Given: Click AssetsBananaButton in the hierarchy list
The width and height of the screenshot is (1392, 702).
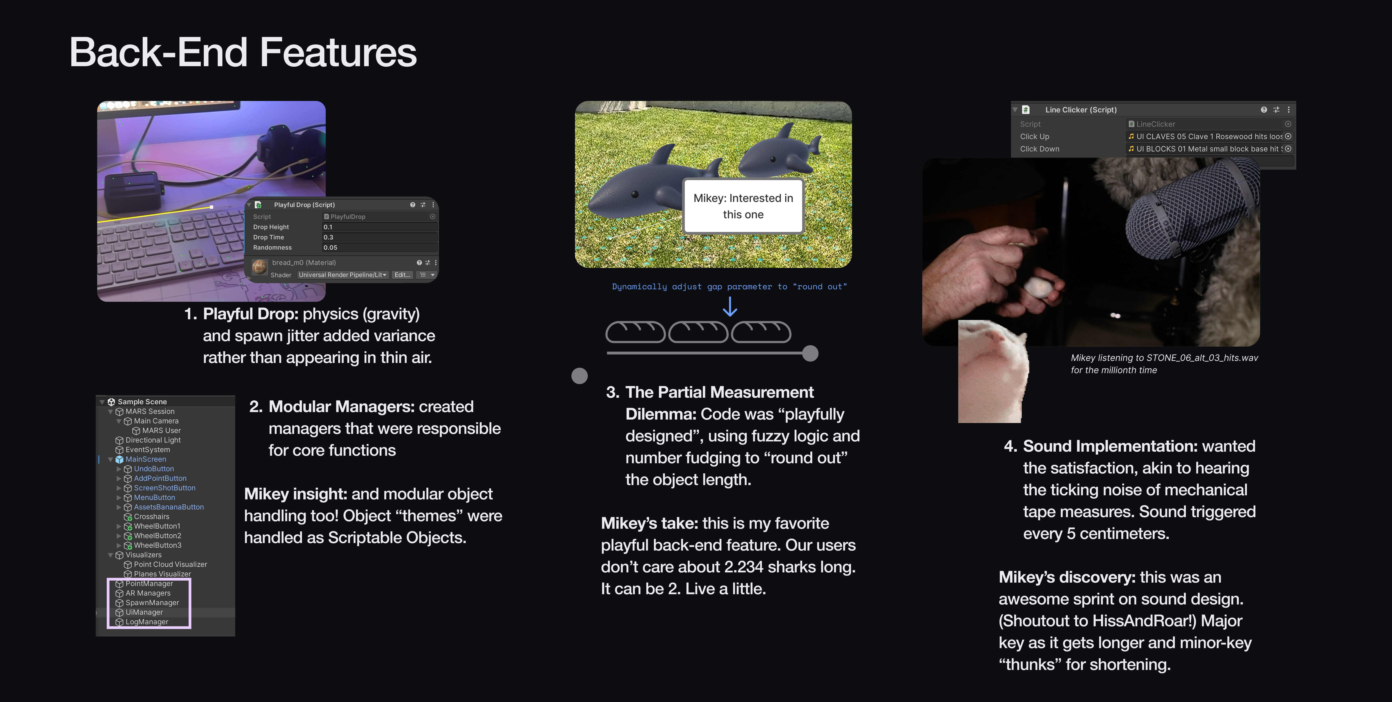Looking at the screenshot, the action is coord(169,507).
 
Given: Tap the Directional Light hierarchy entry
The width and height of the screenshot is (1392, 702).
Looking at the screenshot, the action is coord(153,440).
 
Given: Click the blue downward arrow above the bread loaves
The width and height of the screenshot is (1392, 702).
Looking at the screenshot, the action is coord(730,307).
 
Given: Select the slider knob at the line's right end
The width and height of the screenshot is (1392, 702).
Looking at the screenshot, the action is coord(810,353).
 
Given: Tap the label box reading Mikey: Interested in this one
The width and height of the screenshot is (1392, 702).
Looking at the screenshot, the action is coord(743,206).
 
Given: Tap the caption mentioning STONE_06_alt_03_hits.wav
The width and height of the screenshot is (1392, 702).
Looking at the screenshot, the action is coord(1165,364).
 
